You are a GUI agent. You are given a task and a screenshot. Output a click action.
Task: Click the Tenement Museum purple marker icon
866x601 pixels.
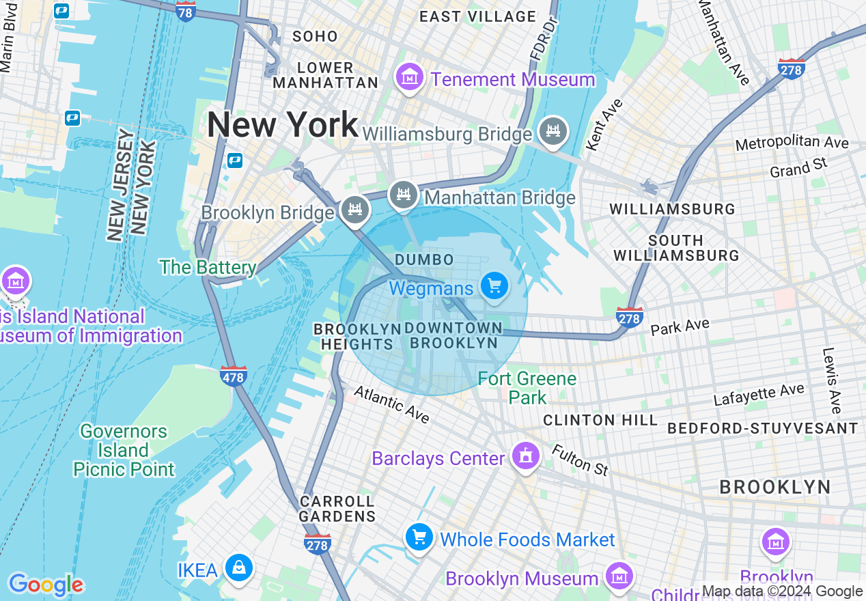click(409, 78)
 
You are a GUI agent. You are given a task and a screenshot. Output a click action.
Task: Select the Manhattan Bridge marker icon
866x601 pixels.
click(404, 196)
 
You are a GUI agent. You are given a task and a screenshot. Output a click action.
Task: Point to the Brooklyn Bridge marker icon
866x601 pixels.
click(354, 209)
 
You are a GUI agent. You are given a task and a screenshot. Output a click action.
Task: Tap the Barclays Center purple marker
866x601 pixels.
click(525, 456)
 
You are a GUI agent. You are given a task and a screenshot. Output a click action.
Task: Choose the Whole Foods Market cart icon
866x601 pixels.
click(419, 538)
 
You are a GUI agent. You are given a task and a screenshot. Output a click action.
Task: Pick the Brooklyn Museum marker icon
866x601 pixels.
click(619, 576)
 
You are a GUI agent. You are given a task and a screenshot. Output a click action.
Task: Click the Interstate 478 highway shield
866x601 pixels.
click(234, 376)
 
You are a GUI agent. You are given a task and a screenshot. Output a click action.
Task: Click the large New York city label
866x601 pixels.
click(282, 124)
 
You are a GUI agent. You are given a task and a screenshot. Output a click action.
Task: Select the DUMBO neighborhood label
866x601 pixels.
click(424, 260)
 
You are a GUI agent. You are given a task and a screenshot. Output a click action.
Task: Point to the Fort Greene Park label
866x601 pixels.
click(527, 388)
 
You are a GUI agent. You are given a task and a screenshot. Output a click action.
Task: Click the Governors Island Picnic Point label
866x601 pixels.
click(124, 450)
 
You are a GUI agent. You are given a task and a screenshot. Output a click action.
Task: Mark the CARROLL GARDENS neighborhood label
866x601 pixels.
click(337, 509)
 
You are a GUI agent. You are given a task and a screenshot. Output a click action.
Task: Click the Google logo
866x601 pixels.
click(46, 585)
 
